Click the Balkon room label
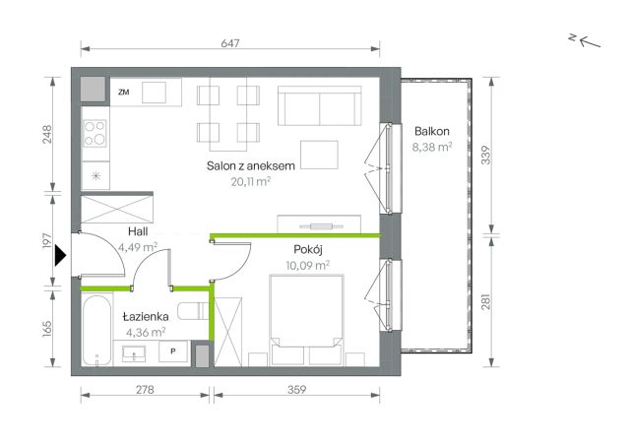431,131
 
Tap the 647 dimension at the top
230,43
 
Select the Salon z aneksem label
251,165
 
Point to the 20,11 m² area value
251,181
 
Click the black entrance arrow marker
60,256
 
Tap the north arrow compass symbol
585,40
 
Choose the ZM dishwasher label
124,92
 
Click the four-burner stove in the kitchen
94,133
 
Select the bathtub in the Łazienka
96,331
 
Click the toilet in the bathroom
193,311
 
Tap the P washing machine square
173,351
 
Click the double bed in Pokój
307,320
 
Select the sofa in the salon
319,106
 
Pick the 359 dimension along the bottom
296,389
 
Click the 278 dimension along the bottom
145,389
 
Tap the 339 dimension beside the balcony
485,156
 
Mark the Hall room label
138,231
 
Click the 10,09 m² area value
308,265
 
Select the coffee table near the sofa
319,155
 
